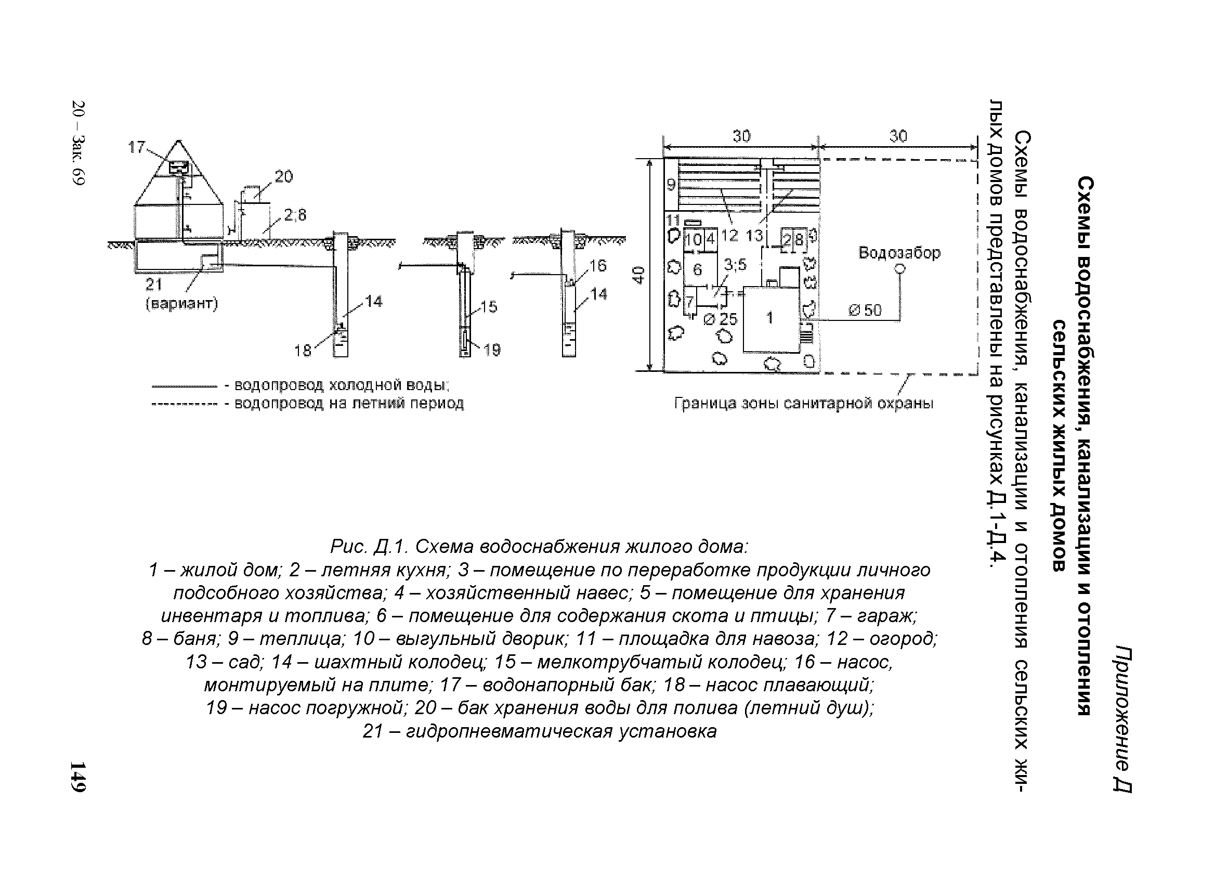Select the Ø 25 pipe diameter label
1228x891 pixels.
click(720, 319)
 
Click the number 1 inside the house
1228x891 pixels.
click(770, 318)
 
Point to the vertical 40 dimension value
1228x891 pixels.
click(639, 275)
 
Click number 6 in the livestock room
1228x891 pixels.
click(697, 269)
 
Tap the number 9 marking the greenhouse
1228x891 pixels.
click(671, 185)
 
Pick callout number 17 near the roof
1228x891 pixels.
click(136, 147)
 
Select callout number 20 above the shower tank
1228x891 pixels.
click(283, 176)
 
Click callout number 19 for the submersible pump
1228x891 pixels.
click(492, 351)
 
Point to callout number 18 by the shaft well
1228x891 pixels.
click(303, 351)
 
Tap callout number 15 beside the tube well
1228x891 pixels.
click(488, 307)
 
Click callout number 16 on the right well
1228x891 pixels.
click(598, 265)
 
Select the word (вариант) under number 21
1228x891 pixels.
click(182, 304)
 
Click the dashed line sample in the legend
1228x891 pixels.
click(184, 404)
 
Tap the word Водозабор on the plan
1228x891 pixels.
click(899, 252)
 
